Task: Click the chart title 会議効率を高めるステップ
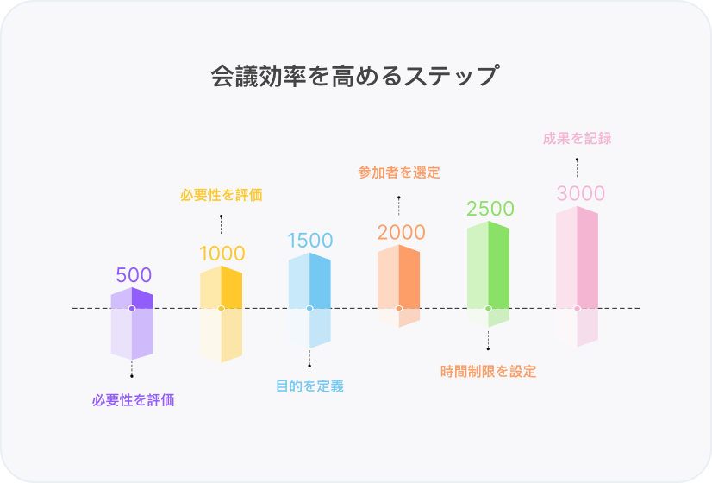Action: (x=355, y=76)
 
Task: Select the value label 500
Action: (x=134, y=275)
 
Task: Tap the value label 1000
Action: (x=222, y=254)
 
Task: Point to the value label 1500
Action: (x=310, y=241)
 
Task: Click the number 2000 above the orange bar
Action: (x=401, y=232)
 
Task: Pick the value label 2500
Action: (x=490, y=209)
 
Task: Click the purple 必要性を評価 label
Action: (x=134, y=400)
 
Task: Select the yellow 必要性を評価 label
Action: (x=222, y=195)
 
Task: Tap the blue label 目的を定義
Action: (x=309, y=386)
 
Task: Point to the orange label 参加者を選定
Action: (x=399, y=172)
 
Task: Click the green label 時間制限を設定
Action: (x=488, y=372)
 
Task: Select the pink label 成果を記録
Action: (x=578, y=138)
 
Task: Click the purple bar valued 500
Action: (x=132, y=298)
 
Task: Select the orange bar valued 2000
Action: (x=399, y=276)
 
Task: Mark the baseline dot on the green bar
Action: (x=488, y=308)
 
